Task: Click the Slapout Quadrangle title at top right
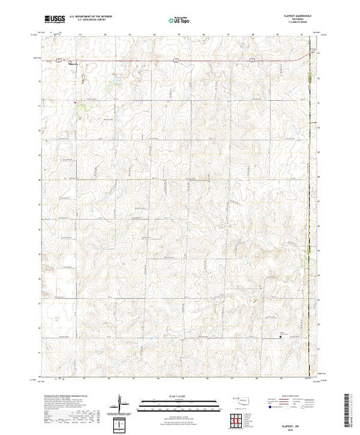click(298, 17)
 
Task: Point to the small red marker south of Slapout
click(75, 101)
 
